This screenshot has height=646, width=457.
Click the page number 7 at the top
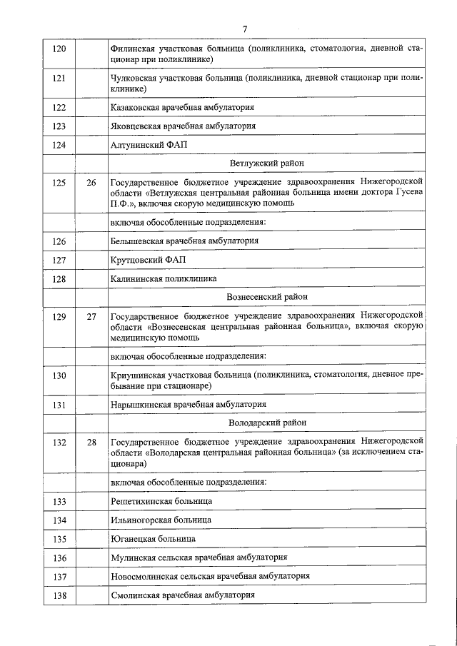(245, 29)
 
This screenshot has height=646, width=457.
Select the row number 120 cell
(60, 49)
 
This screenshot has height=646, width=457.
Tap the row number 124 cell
(60, 145)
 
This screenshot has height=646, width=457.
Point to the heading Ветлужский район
(266, 163)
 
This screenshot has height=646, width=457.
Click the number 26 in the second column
(91, 183)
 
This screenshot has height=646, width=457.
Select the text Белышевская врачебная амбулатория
(184, 241)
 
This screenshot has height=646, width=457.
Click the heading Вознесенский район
(266, 296)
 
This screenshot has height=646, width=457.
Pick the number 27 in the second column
(91, 316)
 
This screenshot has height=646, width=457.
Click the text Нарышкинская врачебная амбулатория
(189, 405)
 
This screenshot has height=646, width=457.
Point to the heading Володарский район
(266, 423)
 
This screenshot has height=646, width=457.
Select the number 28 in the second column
(91, 443)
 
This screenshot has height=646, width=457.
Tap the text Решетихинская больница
(161, 501)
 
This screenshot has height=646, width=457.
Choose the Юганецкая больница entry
(153, 538)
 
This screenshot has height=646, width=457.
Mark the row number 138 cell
(60, 595)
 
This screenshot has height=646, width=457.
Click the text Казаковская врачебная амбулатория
(183, 107)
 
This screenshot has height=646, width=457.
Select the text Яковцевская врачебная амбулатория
(183, 126)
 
